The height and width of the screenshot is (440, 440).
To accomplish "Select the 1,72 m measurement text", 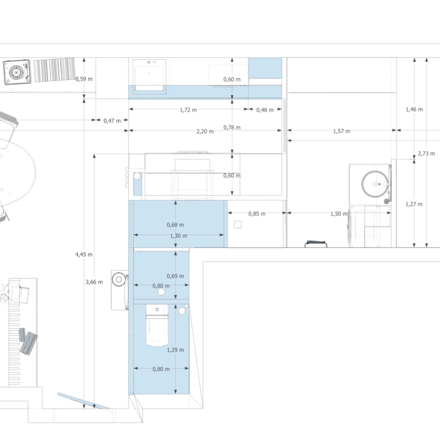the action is pos(188,109).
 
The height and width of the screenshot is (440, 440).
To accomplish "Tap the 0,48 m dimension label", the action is pos(265,109).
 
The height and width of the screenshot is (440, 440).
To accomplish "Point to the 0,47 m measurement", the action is pos(112,120).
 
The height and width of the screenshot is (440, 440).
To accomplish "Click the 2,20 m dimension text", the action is pos(205,131).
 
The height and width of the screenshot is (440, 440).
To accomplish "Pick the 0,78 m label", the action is pos(232,127).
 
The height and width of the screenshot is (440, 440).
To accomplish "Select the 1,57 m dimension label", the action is pos(341,131).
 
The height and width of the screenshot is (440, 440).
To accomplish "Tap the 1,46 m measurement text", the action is pos(414,109).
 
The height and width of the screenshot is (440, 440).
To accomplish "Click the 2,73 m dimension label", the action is pos(426,154).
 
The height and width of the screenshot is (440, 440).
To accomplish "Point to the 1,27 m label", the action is pos(414,204).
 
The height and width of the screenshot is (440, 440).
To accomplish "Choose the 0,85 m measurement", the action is pos(257,214).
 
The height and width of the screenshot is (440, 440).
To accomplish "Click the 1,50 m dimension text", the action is pos(339,214).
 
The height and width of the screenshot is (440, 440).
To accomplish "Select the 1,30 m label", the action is pos(179,235).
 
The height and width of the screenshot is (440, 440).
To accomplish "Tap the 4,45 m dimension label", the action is pos(84,254).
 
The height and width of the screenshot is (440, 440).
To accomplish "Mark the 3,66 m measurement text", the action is pos(94,281).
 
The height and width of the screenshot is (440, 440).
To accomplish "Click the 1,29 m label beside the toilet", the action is pos(175,349).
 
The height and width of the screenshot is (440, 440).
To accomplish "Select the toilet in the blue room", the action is pos(157,327).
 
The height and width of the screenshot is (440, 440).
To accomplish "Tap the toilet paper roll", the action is pos(119,280).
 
